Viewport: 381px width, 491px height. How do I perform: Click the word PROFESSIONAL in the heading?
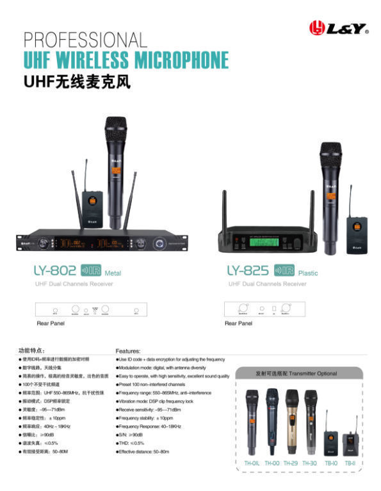click(x=85, y=40)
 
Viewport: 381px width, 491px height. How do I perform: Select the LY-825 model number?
click(x=248, y=271)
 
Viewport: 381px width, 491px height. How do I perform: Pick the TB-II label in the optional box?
click(x=350, y=462)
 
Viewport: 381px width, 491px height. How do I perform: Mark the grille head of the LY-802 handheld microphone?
click(x=117, y=127)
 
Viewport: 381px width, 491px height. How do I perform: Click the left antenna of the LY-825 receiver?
click(x=224, y=209)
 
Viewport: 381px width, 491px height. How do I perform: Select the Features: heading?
click(x=128, y=351)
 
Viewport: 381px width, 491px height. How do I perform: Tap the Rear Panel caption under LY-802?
click(x=51, y=324)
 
